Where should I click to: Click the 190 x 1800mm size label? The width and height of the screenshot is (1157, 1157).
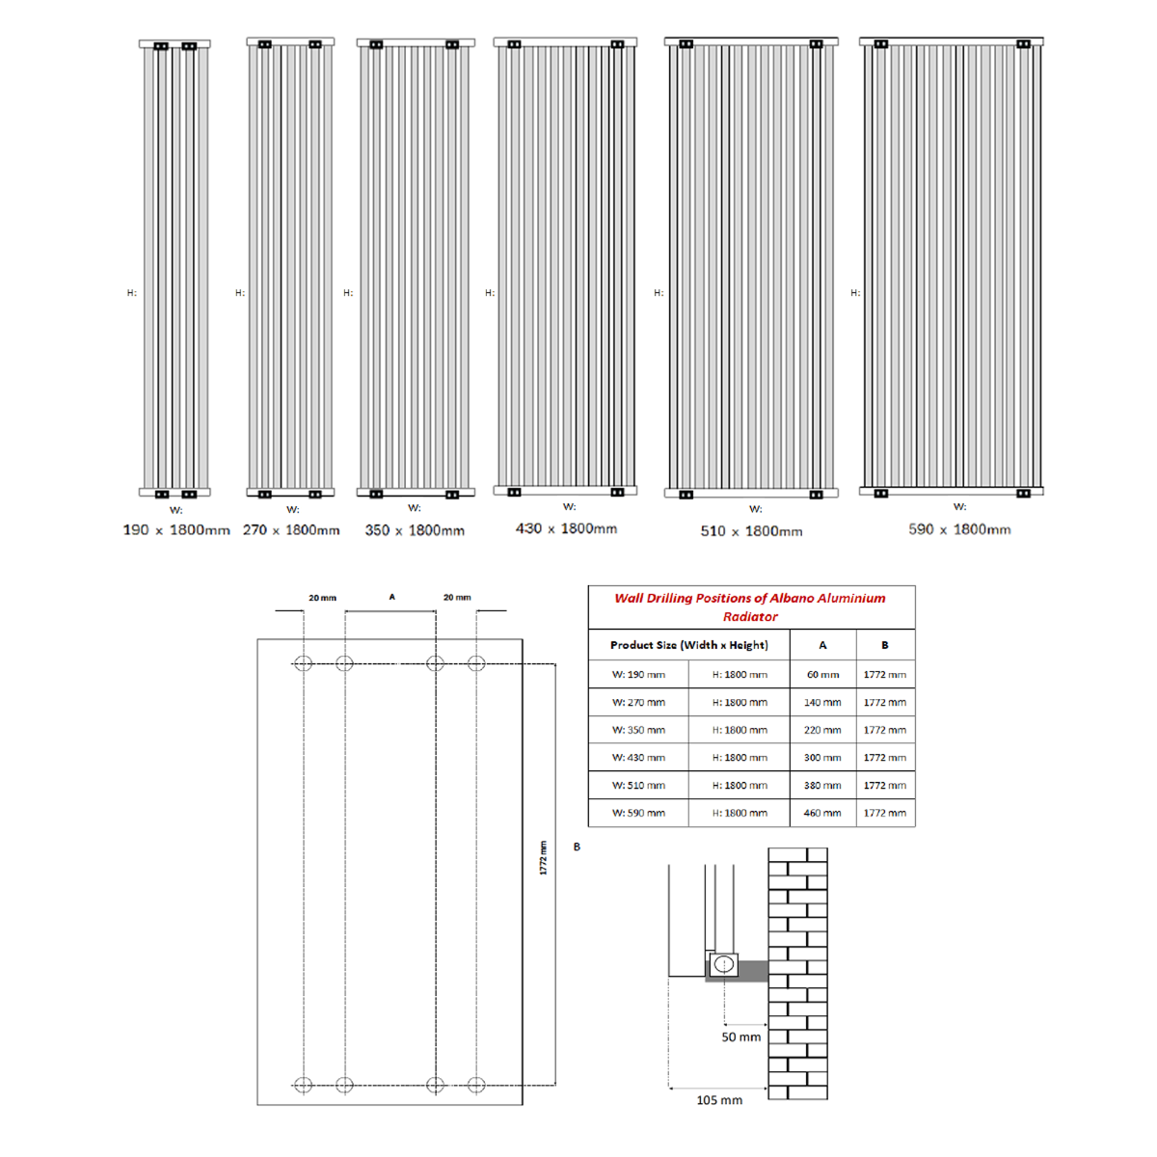(176, 530)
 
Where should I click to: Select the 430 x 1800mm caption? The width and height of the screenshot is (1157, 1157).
(566, 528)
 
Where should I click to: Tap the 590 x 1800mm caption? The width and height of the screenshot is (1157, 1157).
(959, 529)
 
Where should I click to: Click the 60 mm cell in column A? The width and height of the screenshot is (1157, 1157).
(822, 675)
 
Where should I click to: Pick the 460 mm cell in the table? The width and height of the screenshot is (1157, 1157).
(822, 813)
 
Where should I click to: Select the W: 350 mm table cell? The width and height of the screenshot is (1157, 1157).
(638, 730)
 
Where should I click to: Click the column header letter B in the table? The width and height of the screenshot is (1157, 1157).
(884, 645)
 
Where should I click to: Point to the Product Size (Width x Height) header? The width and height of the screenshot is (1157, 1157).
(688, 645)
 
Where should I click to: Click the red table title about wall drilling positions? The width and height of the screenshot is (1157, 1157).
(750, 606)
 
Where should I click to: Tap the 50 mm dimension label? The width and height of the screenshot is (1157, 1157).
(740, 1037)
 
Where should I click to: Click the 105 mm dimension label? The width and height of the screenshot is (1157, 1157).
(719, 1100)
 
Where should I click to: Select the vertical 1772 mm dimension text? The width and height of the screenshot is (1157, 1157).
(543, 858)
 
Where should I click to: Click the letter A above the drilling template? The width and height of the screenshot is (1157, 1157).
(391, 597)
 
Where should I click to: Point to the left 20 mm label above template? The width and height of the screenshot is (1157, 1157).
(322, 598)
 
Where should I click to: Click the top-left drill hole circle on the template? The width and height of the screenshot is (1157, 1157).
(303, 663)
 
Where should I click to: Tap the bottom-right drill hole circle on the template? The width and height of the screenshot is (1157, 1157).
(475, 1085)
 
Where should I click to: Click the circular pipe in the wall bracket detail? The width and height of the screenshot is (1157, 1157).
(723, 964)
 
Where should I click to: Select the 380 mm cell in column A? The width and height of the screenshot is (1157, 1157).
(822, 786)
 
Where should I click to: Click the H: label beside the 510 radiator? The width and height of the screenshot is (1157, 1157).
(659, 293)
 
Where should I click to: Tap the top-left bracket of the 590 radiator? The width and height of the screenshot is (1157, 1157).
(880, 43)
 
